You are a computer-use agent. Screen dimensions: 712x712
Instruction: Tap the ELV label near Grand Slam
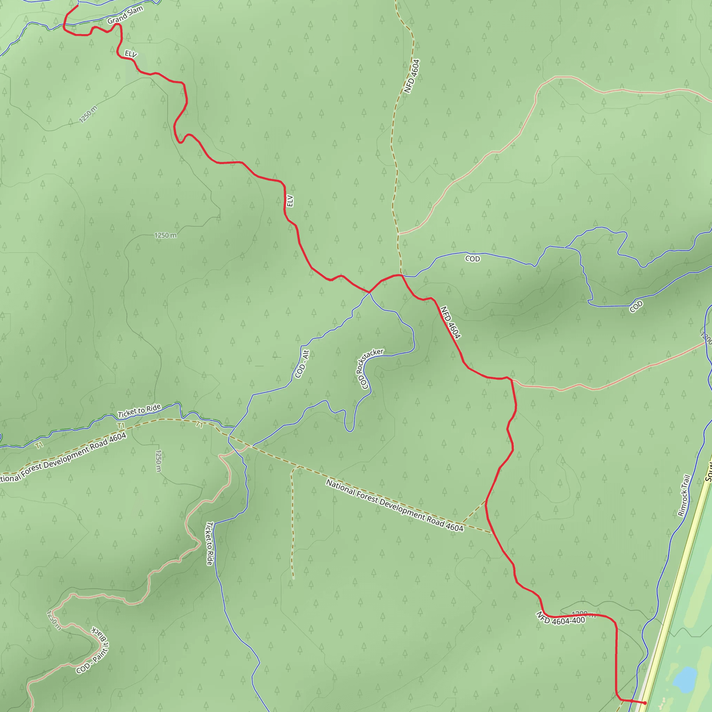click(131, 54)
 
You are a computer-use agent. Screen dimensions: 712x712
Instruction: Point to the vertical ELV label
click(290, 201)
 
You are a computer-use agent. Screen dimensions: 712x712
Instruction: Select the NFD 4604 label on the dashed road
click(412, 76)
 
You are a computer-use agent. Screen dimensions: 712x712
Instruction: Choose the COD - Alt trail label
click(302, 364)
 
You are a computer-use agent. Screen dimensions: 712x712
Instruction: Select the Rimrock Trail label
click(683, 495)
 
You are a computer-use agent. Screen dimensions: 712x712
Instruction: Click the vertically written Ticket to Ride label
click(209, 544)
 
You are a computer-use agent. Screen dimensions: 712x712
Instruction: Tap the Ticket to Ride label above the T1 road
click(139, 411)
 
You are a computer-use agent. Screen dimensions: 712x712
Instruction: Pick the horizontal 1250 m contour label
click(165, 235)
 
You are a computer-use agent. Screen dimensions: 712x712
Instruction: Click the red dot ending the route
click(645, 703)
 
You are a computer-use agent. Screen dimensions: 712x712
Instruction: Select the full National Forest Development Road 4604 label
click(395, 505)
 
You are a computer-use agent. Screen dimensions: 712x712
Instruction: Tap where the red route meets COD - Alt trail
click(369, 292)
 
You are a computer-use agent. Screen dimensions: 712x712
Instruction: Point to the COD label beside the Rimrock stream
click(636, 306)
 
